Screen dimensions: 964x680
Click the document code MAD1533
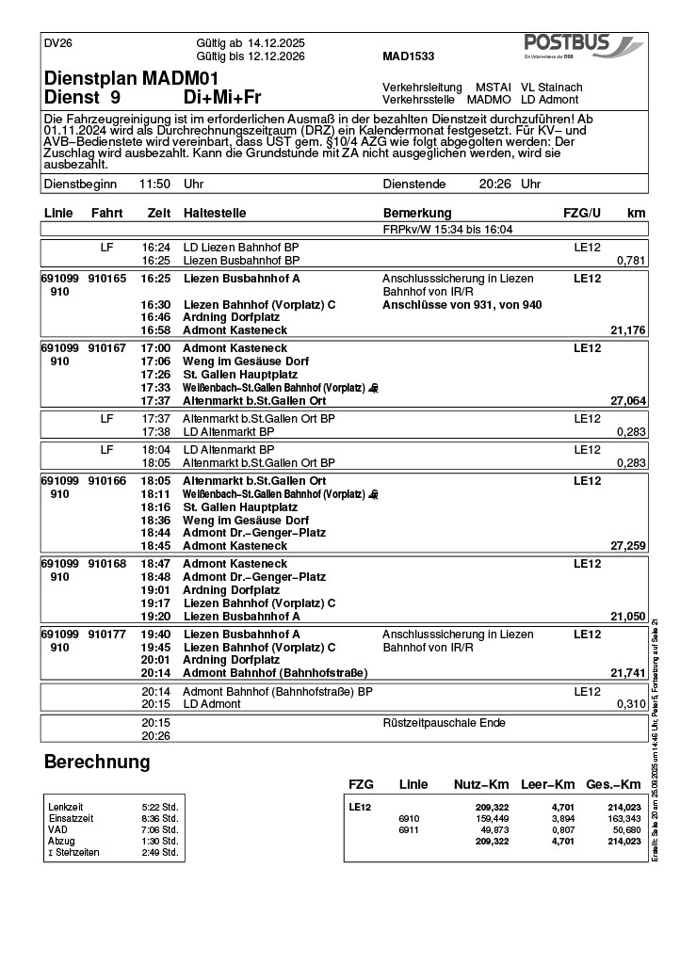coord(409,56)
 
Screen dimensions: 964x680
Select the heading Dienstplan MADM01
coord(131,77)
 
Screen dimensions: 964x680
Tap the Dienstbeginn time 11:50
coord(154,185)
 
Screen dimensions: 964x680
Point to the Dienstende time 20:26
coord(494,185)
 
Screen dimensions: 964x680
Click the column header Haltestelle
coord(218,214)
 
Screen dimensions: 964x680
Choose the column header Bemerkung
coord(417,214)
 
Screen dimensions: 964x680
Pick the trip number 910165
coord(106,279)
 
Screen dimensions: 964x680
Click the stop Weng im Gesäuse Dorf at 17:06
coord(246,361)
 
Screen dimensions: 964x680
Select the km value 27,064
coord(628,401)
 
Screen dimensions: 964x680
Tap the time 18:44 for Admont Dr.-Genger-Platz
coord(155,533)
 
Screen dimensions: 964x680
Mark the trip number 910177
coord(106,635)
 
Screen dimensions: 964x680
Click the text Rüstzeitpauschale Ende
coord(444,723)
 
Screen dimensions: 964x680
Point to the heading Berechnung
coord(97,762)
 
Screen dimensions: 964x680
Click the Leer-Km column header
coord(548,784)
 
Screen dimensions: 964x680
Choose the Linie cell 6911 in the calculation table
coord(409,829)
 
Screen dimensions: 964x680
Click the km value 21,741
coord(628,673)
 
